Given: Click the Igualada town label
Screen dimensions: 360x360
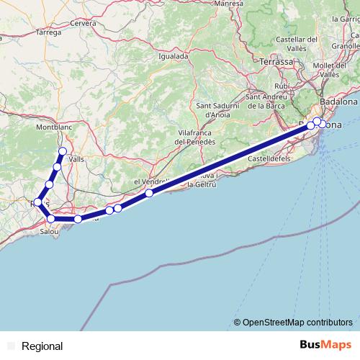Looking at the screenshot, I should click(x=174, y=55).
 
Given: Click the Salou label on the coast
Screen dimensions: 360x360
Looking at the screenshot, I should click(x=50, y=232).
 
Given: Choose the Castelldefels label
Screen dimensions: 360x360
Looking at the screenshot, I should click(x=269, y=158).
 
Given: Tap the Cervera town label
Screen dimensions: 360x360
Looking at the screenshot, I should click(x=84, y=23).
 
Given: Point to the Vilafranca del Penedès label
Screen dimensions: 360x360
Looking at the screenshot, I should click(x=197, y=138).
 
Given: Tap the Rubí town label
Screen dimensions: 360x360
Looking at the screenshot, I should click(x=282, y=86).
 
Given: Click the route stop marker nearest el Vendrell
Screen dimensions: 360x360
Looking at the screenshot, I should click(x=148, y=193).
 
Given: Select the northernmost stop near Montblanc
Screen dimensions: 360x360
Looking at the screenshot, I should click(x=63, y=151).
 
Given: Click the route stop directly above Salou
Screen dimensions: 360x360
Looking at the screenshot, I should click(x=51, y=218).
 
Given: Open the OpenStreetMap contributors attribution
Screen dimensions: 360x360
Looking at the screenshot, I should click(x=297, y=322).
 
